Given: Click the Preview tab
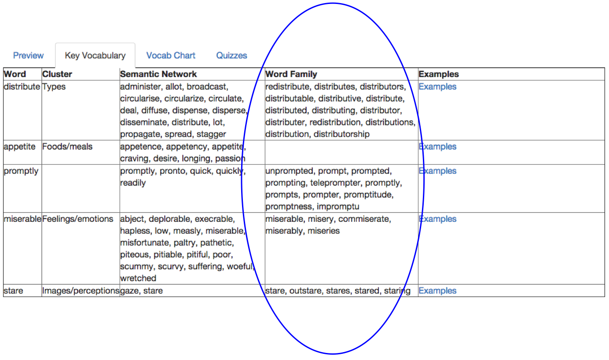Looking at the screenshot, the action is coord(28,55).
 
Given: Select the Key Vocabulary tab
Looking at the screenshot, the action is coord(95,55).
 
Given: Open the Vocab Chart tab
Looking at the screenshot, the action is coord(171,55).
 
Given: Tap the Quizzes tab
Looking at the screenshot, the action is coord(231,55).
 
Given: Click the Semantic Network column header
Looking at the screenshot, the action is coord(158,74).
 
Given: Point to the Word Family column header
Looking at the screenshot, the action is coord(291,74).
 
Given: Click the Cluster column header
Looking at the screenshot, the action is coord(57,74).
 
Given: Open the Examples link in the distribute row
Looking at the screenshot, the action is coord(437,86).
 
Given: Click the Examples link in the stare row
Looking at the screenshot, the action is coord(437,290).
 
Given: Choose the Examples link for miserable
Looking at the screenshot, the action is coord(437,219).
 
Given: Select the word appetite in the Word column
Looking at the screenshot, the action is coord(19,147).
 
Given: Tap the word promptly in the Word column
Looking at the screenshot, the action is coord(21,171).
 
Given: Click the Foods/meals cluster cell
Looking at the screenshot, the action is coord(67,147).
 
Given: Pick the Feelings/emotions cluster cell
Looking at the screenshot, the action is coord(78,219).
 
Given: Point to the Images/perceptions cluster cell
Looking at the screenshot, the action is coord(81,290).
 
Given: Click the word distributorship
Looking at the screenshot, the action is coord(341,134).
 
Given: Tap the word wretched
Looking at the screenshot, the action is coord(138,278).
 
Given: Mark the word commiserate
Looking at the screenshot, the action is coord(365,219).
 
